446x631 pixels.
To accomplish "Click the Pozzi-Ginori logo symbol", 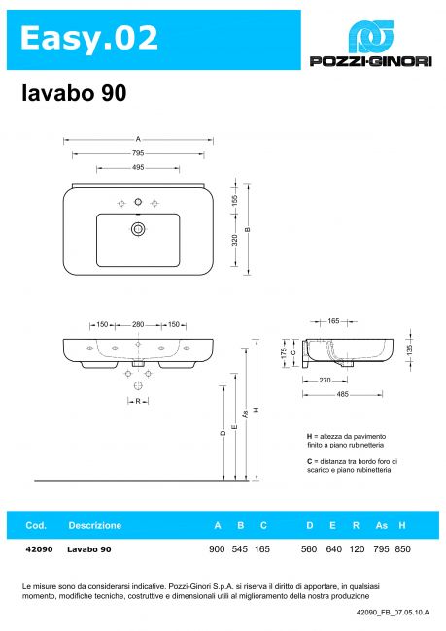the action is (370, 37).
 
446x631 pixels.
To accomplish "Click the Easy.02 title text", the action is (89, 38).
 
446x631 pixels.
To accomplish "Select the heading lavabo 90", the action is (74, 93).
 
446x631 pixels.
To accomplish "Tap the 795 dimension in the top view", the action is (138, 153).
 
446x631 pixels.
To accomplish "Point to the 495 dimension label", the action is (138, 167).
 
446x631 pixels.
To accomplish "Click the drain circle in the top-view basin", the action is (138, 229).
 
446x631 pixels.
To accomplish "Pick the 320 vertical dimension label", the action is (235, 240).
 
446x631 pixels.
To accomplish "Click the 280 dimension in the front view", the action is (138, 324).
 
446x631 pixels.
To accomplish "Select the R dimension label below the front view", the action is (138, 401).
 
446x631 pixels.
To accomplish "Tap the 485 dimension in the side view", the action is (342, 394).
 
